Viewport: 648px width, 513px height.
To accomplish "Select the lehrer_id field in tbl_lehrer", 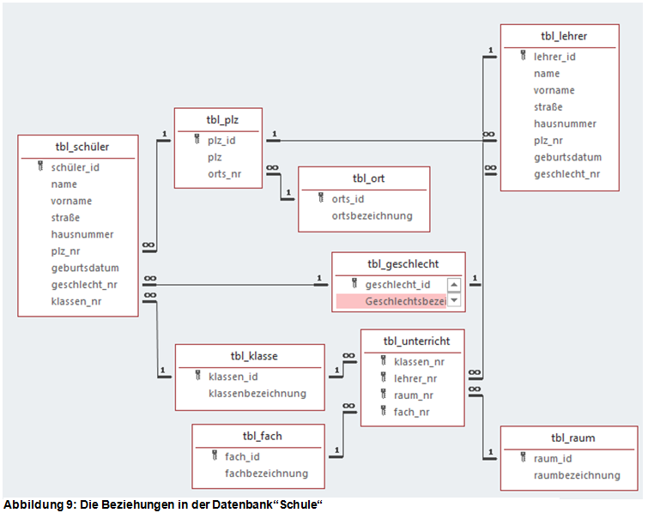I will click(554, 57).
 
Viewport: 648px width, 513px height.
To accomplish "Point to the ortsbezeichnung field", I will click(372, 215).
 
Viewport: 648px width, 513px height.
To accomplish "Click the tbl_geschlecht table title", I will click(398, 264).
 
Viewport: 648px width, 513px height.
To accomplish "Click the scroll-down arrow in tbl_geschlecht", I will click(454, 301).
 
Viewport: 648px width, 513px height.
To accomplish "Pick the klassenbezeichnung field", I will click(257, 393).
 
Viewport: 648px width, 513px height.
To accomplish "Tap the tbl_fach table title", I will click(257, 436).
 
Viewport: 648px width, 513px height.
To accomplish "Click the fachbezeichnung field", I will click(266, 473).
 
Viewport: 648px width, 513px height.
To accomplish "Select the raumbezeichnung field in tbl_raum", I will click(577, 474).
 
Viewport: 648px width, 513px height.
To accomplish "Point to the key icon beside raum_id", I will click(523, 458).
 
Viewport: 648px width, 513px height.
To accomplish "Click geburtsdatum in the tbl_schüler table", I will click(84, 268).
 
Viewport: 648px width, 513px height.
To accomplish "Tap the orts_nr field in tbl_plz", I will click(223, 174).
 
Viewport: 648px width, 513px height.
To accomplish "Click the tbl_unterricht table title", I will click(412, 341).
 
